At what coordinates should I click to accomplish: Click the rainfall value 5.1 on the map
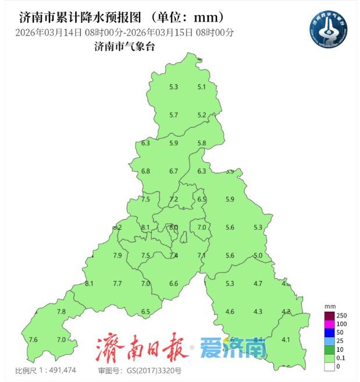(202, 87)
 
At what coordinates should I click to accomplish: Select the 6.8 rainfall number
(145, 171)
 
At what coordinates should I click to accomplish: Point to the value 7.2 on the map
(173, 199)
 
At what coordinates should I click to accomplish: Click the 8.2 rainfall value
(117, 227)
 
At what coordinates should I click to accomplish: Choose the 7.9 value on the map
(117, 256)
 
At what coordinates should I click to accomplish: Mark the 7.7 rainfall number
(117, 283)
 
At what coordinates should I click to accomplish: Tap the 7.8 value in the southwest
(61, 312)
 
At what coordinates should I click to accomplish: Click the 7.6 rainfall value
(33, 340)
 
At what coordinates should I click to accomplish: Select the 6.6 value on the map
(173, 283)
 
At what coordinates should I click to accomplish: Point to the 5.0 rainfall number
(258, 256)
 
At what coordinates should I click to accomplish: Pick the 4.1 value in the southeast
(286, 340)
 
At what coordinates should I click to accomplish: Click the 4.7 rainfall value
(258, 283)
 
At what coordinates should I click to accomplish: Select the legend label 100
(342, 323)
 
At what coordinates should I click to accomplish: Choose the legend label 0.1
(341, 358)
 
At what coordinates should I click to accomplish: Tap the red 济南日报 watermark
(142, 348)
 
